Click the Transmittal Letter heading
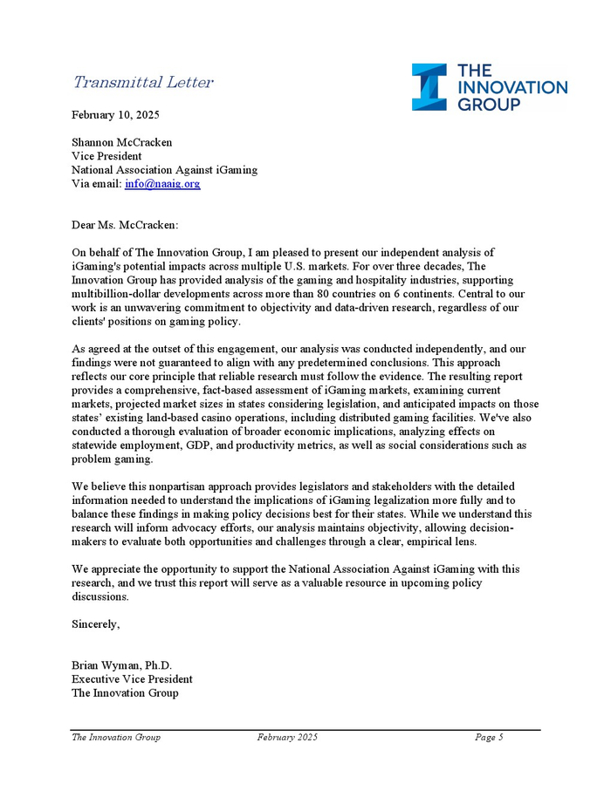click(x=143, y=83)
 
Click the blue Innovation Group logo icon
click(x=429, y=87)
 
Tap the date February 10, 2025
click(x=115, y=115)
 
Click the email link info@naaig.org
click(x=162, y=184)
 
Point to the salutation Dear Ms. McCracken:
click(x=124, y=225)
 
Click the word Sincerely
click(x=95, y=624)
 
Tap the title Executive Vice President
click(x=132, y=679)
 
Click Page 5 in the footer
click(x=489, y=738)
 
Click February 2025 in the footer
click(x=287, y=738)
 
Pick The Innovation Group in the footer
click(x=116, y=738)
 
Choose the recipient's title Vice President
click(x=106, y=156)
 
